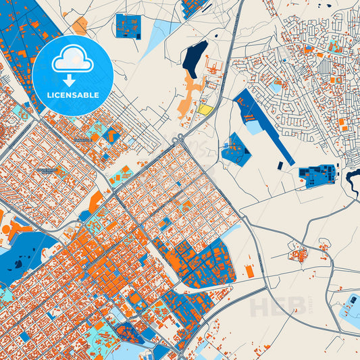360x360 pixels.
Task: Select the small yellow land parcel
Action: coord(205,109)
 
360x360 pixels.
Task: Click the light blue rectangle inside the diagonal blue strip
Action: coord(253,126)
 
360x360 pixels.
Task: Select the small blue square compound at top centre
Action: coord(128,26)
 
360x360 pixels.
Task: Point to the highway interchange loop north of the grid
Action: coord(178,139)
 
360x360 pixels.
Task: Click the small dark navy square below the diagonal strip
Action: coord(280,165)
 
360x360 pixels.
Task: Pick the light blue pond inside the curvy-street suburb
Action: coord(275,87)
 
